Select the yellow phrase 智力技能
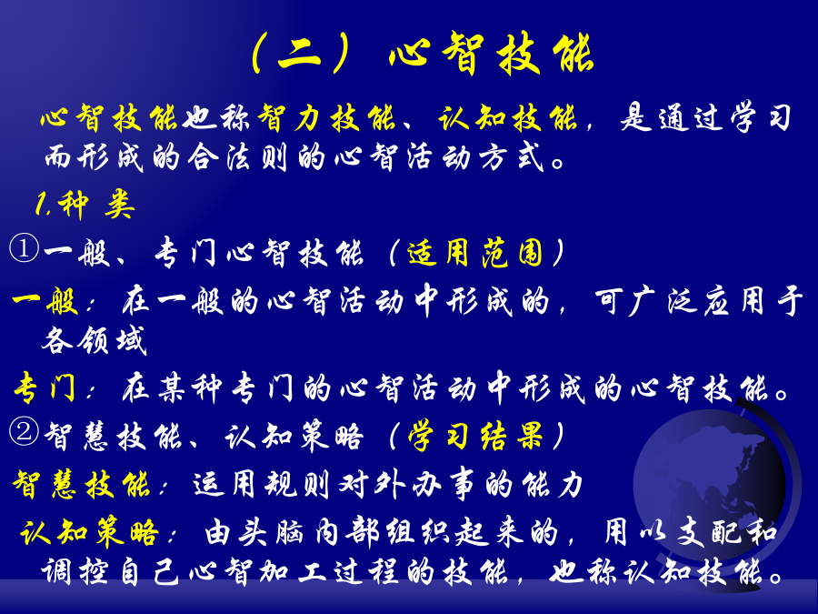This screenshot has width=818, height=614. pos(326,118)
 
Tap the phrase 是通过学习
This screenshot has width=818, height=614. pos(705,118)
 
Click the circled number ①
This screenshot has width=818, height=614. pos(24,248)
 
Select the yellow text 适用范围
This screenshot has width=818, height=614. pos(475,253)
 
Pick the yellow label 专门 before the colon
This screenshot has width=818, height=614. pos(45,388)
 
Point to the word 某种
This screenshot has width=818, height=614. pos(191,388)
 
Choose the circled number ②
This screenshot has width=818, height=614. pos(24,431)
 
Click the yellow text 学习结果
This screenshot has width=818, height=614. pos(475,436)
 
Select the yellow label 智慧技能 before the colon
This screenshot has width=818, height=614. pos(82,484)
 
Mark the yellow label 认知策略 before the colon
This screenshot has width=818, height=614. pos(89,532)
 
